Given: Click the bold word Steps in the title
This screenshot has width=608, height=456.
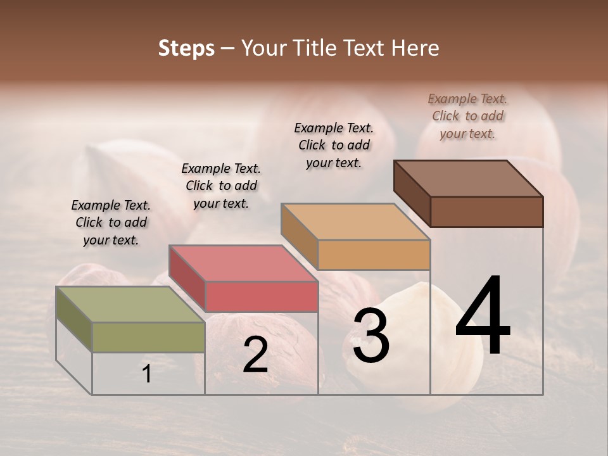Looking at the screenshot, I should (186, 48).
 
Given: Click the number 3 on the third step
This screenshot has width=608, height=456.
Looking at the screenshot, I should (371, 336).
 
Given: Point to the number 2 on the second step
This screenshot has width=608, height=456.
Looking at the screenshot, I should (255, 355).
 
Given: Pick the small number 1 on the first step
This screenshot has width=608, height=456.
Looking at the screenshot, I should (147, 374).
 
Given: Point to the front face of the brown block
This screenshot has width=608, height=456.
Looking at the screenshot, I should (486, 212).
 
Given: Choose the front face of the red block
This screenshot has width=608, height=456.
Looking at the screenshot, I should (261, 296).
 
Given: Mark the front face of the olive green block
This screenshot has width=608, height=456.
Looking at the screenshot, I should (148, 337).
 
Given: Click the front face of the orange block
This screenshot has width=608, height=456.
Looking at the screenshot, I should (374, 255).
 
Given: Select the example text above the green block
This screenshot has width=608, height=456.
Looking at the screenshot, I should (111, 222).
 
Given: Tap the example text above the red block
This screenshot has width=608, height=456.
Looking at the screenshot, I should (221, 186).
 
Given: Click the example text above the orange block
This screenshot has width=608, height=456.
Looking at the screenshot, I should (334, 145).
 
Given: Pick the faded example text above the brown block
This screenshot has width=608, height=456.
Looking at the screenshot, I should (467, 116).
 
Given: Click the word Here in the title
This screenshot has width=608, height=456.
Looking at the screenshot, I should (415, 48).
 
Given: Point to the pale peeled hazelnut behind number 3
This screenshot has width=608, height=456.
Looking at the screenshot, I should (443, 329).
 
